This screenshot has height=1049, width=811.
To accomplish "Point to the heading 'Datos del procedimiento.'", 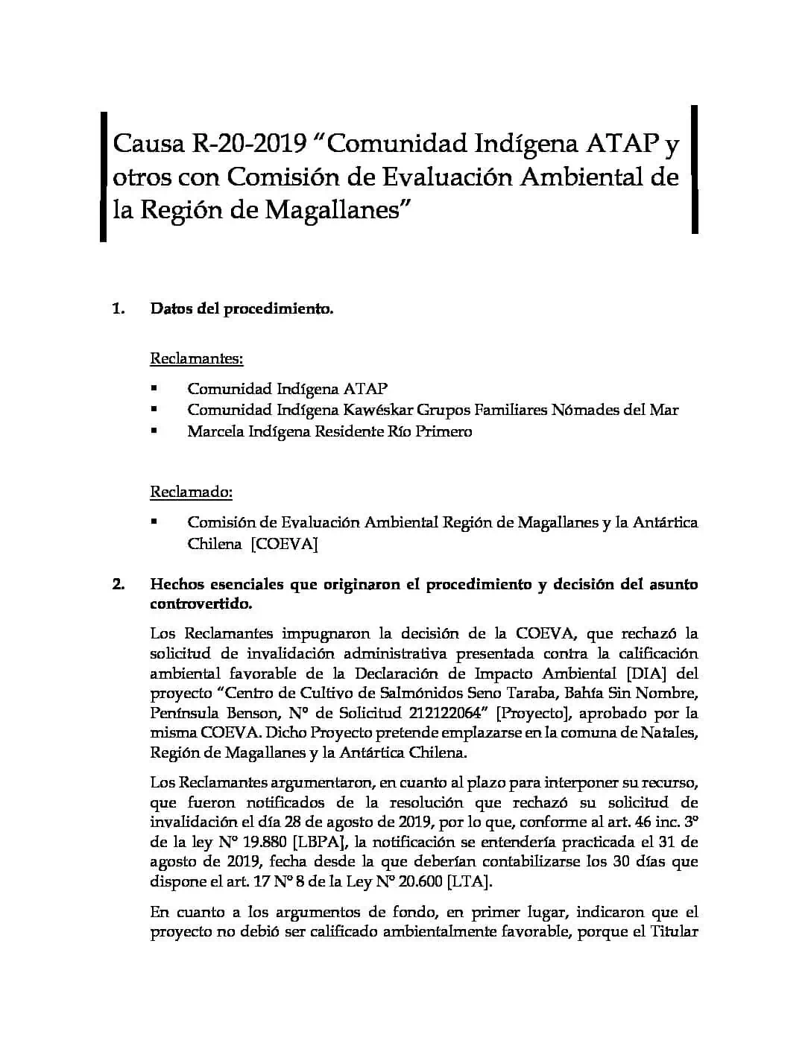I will (242, 308).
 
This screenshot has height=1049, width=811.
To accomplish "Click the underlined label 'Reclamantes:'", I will (197, 358).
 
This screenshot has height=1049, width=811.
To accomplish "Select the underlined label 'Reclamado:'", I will (192, 492).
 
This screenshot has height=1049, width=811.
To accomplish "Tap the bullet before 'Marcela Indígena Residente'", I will (154, 431).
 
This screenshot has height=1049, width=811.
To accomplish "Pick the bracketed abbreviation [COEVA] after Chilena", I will (284, 544).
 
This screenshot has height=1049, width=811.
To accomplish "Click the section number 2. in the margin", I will (119, 584).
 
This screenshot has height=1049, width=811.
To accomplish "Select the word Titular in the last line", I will (674, 932).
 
